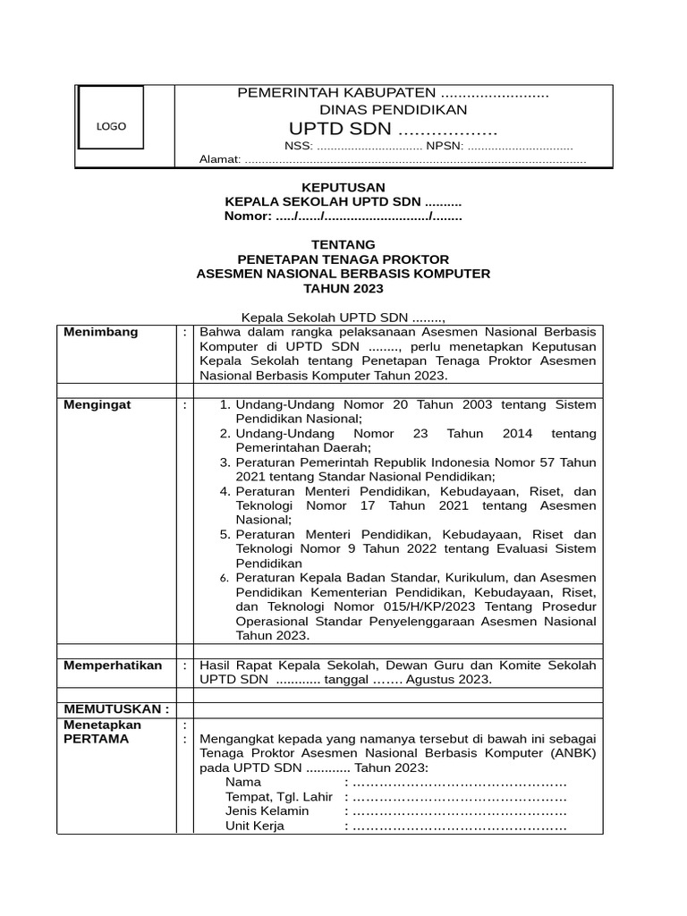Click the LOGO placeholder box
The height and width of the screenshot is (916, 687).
[x=111, y=126]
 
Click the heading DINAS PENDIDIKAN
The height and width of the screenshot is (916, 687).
[x=394, y=110]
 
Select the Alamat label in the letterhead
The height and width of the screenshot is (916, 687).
[x=219, y=159]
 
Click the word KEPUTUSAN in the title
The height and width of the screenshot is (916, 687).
[x=343, y=187]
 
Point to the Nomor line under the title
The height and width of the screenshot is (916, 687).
[x=343, y=216]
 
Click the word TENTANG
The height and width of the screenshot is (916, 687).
[x=343, y=244]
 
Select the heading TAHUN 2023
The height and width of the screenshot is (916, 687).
[x=343, y=288]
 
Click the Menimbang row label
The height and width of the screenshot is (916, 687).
[x=101, y=332]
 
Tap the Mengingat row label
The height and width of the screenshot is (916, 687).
[x=98, y=404]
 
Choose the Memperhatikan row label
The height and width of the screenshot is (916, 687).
[x=113, y=665]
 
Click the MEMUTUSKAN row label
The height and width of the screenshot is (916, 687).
[x=116, y=708]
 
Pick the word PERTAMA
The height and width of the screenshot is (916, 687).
[x=96, y=739]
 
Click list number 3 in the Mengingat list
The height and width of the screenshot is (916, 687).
[x=225, y=462]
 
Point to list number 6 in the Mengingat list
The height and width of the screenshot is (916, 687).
[x=225, y=578]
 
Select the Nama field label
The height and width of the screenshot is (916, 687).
[x=243, y=782]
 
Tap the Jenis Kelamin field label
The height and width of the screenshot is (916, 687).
[x=267, y=810]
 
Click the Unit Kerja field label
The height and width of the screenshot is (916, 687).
[x=255, y=826]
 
